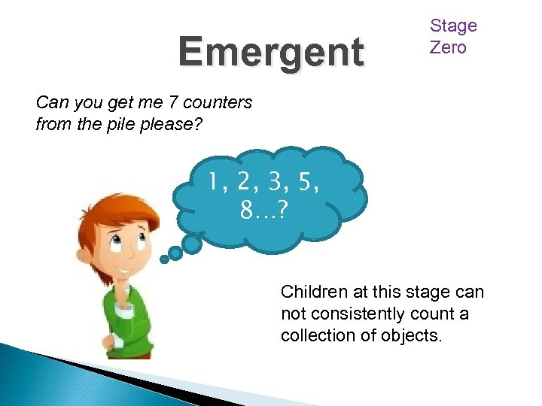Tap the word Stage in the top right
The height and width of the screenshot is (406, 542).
[x=453, y=26]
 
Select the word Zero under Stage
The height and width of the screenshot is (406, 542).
[x=448, y=47]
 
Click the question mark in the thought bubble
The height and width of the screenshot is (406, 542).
[x=281, y=212]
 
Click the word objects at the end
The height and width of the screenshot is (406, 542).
[x=413, y=335]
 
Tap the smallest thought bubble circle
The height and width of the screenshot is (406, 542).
[x=164, y=259]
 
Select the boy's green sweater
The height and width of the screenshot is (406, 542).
[x=120, y=316]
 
